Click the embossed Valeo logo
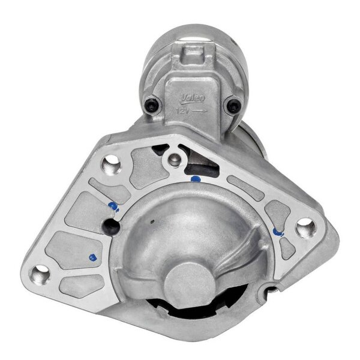point(193,98)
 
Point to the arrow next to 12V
point(200,111)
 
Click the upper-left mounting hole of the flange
point(110,162)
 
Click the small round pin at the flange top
point(173,159)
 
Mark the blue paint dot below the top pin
point(194,178)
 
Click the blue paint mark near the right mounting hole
point(277,232)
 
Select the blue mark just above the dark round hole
point(113,206)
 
